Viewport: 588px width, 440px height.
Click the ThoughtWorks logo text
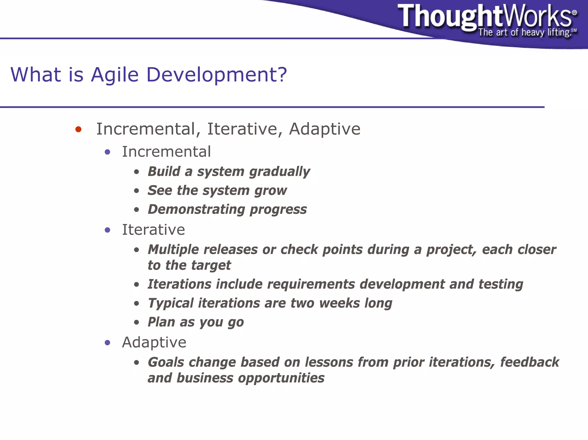tap(485, 17)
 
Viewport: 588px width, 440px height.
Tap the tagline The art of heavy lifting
tap(524, 32)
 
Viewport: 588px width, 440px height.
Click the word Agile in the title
tap(115, 75)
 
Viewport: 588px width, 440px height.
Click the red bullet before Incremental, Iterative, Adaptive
tap(78, 129)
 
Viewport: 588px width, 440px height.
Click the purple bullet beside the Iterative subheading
tap(107, 230)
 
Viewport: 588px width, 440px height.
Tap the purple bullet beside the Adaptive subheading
tap(107, 342)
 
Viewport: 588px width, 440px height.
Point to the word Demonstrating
tap(196, 209)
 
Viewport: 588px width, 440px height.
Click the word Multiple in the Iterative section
tap(173, 250)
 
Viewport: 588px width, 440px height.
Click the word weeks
tap(339, 303)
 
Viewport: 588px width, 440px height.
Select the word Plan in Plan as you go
tap(161, 322)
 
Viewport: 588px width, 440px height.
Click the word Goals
tap(166, 362)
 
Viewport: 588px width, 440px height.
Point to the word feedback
tap(529, 362)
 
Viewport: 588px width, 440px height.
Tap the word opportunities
tap(281, 378)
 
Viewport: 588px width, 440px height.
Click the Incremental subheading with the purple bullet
tap(166, 152)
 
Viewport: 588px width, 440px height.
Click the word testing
tap(501, 285)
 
